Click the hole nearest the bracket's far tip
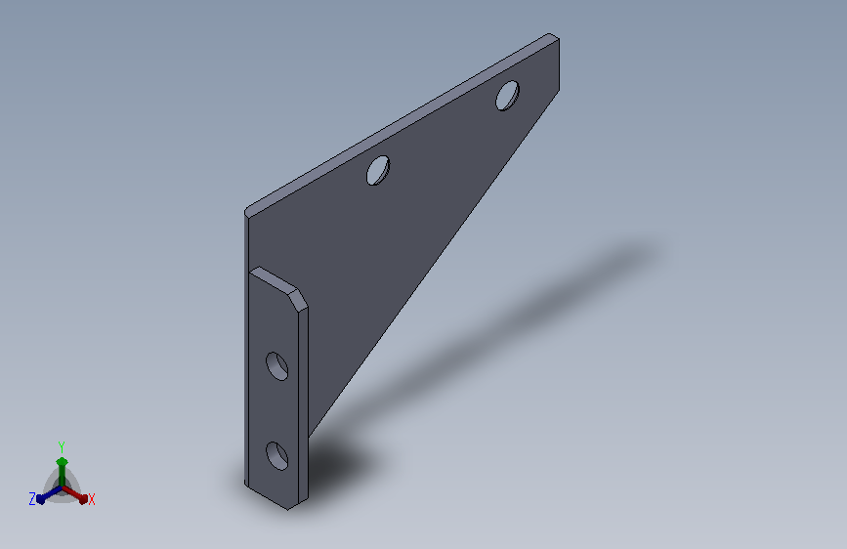coord(507,96)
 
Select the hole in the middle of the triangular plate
coord(378,170)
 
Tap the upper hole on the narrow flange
coord(277,366)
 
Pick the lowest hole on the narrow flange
coord(277,456)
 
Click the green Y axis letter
coord(62,447)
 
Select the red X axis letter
coord(91,500)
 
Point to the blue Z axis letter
coord(32,499)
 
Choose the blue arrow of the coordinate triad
coord(49,494)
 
